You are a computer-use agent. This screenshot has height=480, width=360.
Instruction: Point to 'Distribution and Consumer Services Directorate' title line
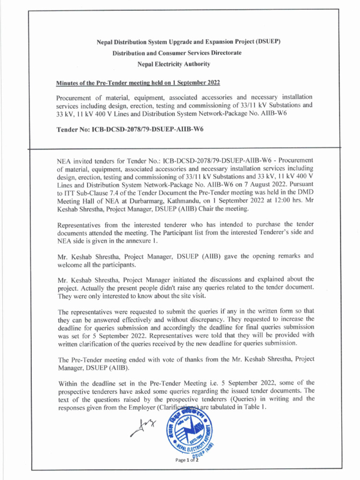click(177, 53)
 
